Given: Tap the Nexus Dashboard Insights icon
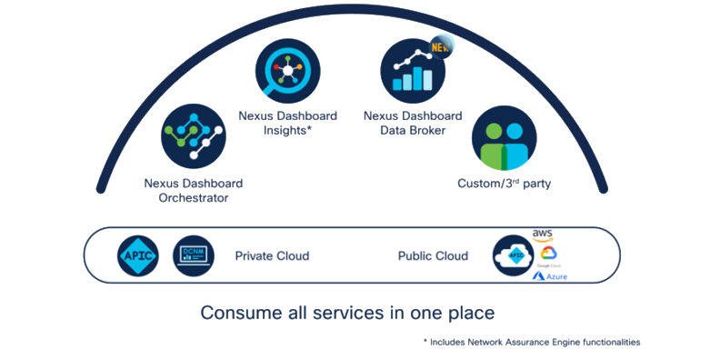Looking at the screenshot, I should (288, 68).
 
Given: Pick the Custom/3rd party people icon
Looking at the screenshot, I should (503, 138).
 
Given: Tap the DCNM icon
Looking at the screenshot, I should (194, 256).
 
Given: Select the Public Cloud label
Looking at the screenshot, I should (433, 256).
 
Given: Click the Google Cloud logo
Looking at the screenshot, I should (546, 255).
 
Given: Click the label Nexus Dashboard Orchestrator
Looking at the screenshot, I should (193, 190).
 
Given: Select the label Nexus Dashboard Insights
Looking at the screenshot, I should (288, 123).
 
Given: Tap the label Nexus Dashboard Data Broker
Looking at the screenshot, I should (412, 123).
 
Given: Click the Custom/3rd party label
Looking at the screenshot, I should (505, 184).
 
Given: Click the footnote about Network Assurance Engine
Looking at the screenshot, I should (532, 343).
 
